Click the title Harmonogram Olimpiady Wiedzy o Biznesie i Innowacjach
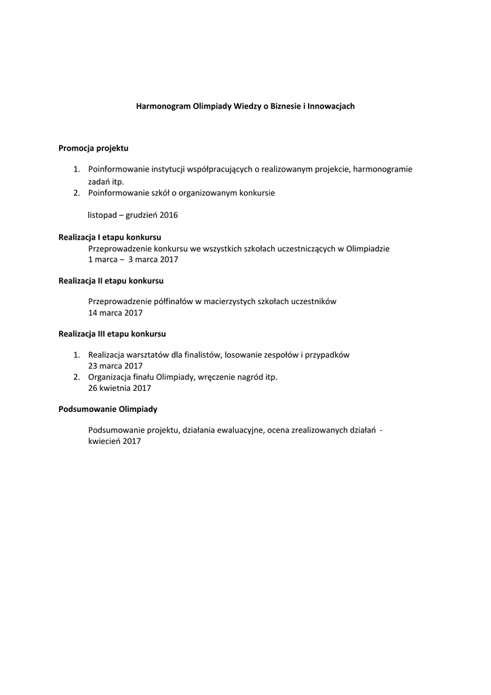(245, 107)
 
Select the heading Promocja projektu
(93, 147)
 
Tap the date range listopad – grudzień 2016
(133, 214)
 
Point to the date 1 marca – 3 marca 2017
(133, 259)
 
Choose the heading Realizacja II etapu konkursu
(111, 280)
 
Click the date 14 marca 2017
(115, 313)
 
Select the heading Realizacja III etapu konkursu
(112, 334)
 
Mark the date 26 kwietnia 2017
(119, 388)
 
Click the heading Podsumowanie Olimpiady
(108, 409)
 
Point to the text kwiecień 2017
(114, 441)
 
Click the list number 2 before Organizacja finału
(77, 377)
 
